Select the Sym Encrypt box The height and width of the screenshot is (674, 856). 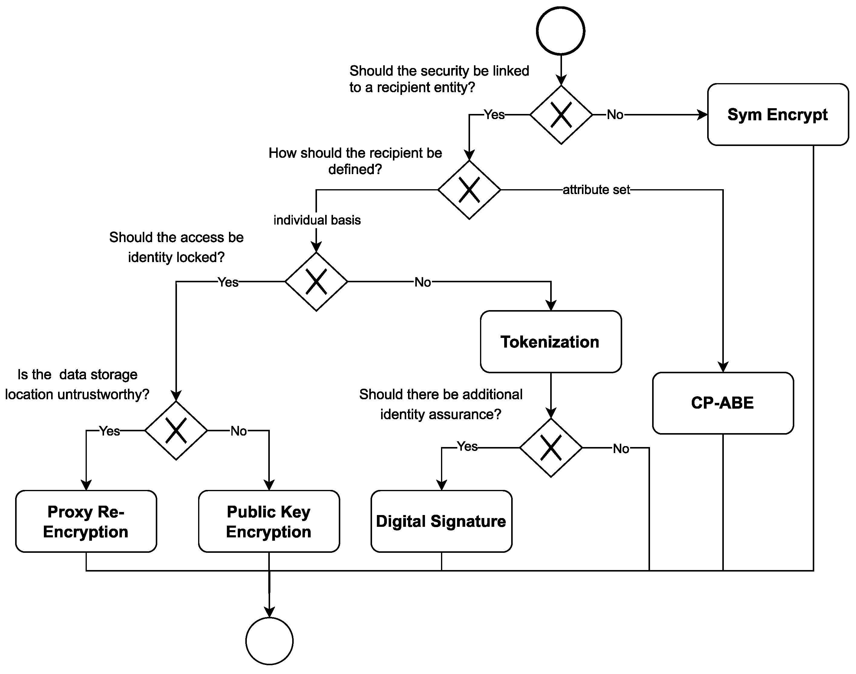click(778, 115)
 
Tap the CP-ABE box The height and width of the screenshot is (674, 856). click(723, 403)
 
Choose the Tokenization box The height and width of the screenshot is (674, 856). click(551, 342)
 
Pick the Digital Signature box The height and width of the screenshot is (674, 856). click(441, 521)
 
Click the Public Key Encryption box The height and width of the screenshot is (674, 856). click(269, 521)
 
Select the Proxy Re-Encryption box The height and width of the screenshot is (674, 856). click(86, 521)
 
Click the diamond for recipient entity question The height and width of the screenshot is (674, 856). click(561, 115)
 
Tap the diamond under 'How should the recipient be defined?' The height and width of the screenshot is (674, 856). click(469, 190)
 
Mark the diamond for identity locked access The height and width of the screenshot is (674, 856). click(316, 282)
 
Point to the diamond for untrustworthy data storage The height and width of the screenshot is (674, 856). click(176, 430)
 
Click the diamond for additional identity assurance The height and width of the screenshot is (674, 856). click(551, 448)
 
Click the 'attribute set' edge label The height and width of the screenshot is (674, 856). click(596, 190)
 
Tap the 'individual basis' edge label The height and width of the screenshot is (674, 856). click(317, 220)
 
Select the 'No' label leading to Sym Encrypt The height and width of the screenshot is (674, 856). click(615, 115)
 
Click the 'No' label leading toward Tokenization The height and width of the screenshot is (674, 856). click(423, 282)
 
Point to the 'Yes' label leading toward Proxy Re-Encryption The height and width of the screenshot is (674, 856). click(109, 431)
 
